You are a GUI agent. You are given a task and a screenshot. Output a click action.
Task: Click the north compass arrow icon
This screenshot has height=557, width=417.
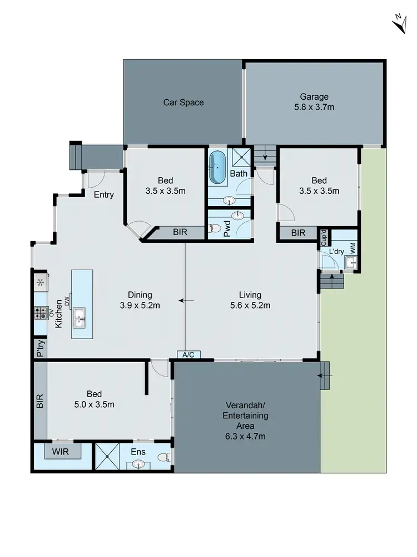(399, 24)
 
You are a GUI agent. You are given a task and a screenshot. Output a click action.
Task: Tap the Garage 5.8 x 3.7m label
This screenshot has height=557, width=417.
(314, 102)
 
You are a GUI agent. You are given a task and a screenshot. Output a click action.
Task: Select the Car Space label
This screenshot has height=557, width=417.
(183, 102)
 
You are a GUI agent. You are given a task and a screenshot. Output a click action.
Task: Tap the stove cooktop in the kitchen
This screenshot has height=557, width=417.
(40, 313)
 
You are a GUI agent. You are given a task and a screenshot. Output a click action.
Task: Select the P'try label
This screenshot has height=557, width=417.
(40, 349)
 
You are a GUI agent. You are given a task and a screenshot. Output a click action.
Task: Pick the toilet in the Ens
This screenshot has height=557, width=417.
(163, 457)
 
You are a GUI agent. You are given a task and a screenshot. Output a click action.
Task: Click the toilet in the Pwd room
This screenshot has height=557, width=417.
(214, 228)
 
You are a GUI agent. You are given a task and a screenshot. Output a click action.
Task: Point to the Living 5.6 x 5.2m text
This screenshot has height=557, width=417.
(250, 300)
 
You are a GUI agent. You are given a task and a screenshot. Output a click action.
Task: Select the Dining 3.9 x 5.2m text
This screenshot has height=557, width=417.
(140, 300)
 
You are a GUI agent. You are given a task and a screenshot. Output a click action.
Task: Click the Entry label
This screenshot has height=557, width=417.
(104, 194)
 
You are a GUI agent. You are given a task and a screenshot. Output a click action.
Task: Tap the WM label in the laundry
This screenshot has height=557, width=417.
(353, 247)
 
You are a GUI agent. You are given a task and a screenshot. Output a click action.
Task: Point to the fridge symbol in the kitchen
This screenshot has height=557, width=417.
(40, 282)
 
